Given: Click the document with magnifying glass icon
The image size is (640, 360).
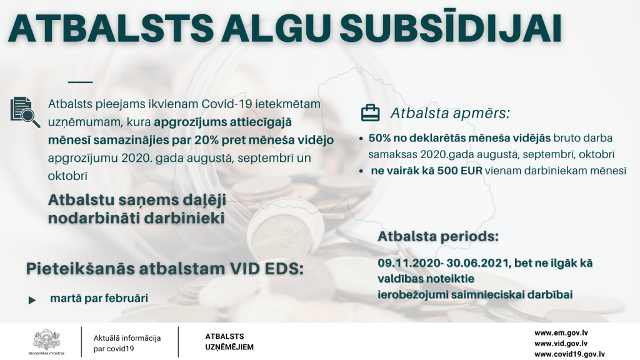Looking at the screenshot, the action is pyautogui.click(x=25, y=112).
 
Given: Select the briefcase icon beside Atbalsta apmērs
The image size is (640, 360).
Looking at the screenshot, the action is pyautogui.click(x=370, y=113).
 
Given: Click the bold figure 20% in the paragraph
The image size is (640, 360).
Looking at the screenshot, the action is pyautogui.click(x=206, y=140).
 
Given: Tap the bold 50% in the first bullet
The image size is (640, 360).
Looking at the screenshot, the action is pyautogui.click(x=379, y=138).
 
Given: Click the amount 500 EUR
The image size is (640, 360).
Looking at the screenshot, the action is pyautogui.click(x=459, y=171).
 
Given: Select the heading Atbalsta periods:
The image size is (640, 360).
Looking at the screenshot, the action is pyautogui.click(x=438, y=236).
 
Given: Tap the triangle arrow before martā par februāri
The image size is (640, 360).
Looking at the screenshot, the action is pyautogui.click(x=32, y=301).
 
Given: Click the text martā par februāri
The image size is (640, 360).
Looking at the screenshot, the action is pyautogui.click(x=99, y=298).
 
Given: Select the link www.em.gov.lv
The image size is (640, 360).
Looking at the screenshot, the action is pyautogui.click(x=561, y=333).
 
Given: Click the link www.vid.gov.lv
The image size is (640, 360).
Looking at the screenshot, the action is pyautogui.click(x=561, y=344).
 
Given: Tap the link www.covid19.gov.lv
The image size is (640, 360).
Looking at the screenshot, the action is pyautogui.click(x=570, y=354).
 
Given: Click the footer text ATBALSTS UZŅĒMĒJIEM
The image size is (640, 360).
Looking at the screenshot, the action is pyautogui.click(x=229, y=342).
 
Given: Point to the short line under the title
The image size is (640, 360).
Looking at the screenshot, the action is pyautogui.click(x=81, y=82).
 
